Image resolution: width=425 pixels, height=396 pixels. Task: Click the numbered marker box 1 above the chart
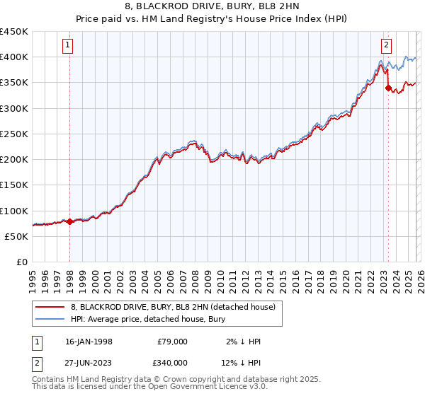click(68, 45)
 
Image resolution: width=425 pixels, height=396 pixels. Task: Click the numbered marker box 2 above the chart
click(387, 45)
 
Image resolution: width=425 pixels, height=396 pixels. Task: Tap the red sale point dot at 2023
click(388, 88)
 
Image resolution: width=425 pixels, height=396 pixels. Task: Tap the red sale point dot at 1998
click(69, 221)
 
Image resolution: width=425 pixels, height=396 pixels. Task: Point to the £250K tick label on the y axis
click(13, 134)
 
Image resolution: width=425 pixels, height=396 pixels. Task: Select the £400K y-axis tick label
click(13, 57)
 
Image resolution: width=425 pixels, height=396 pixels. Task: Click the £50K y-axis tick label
click(17, 236)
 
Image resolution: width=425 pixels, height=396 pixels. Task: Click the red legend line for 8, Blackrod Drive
click(50, 307)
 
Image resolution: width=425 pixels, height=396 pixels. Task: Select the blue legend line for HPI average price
click(50, 319)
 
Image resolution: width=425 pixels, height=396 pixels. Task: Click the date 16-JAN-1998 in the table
click(89, 342)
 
